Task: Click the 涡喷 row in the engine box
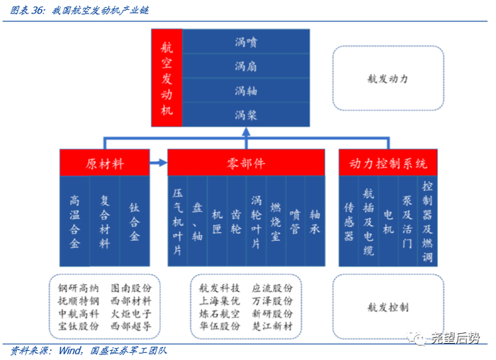246,42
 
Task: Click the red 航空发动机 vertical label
167,78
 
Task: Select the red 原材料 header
105,164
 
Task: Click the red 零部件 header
246,164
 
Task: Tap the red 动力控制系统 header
388,164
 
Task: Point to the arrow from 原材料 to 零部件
159,164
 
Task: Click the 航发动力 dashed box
388,79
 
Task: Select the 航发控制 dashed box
388,308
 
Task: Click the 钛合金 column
135,221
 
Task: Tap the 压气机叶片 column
178,221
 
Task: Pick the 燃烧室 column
276,221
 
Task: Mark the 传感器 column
349,221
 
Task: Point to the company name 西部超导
132,327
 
